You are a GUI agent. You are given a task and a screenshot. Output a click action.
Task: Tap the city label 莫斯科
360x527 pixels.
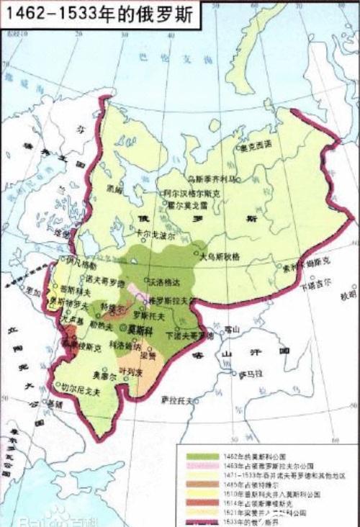pyautogui.click(x=140, y=329)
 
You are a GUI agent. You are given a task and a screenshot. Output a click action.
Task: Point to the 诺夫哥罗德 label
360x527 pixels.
pyautogui.click(x=105, y=282)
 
